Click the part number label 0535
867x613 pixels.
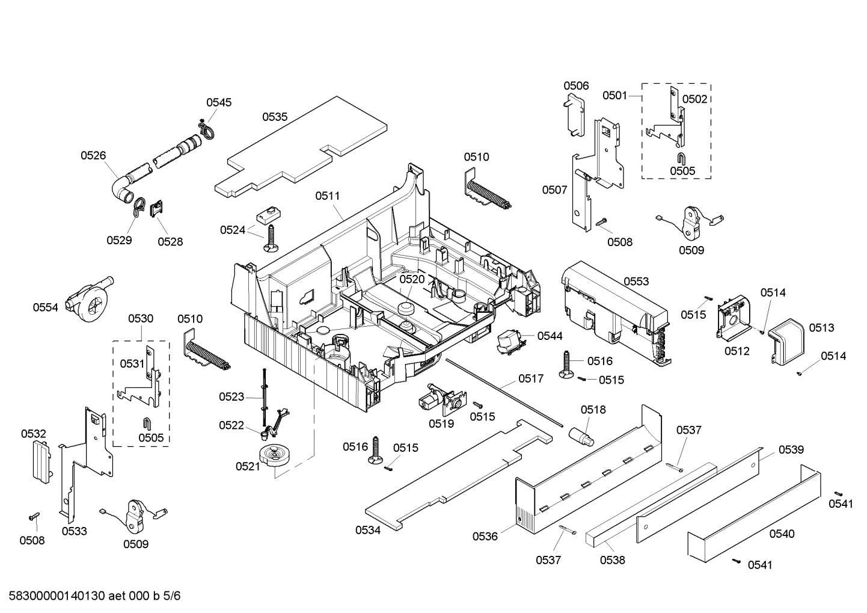point(274,117)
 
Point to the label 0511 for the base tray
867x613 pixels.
point(327,196)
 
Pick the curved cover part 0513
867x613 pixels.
point(786,341)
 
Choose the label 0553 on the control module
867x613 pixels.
point(636,281)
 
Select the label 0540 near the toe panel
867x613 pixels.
point(782,534)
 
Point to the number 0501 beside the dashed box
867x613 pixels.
point(615,95)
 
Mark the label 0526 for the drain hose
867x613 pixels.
point(93,155)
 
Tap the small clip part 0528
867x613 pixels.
point(156,209)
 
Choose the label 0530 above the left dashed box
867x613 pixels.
point(140,318)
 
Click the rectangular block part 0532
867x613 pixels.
point(40,461)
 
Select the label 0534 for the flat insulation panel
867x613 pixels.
point(367,530)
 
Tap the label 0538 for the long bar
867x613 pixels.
point(612,560)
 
